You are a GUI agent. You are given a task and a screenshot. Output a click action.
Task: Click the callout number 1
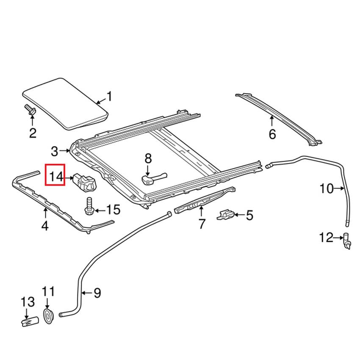click(x=109, y=97)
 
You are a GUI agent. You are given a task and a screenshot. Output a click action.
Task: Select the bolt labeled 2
click(x=30, y=111)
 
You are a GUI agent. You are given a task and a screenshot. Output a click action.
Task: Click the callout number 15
click(x=113, y=209)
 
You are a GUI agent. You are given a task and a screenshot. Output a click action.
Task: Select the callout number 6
click(x=272, y=134)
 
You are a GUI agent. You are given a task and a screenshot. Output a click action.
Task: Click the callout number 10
click(x=327, y=189)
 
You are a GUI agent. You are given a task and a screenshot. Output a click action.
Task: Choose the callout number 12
click(x=327, y=238)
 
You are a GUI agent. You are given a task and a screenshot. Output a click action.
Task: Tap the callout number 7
click(x=202, y=223)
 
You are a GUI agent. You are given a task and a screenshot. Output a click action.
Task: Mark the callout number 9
click(x=97, y=292)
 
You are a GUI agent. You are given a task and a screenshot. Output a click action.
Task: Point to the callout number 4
click(x=44, y=226)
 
